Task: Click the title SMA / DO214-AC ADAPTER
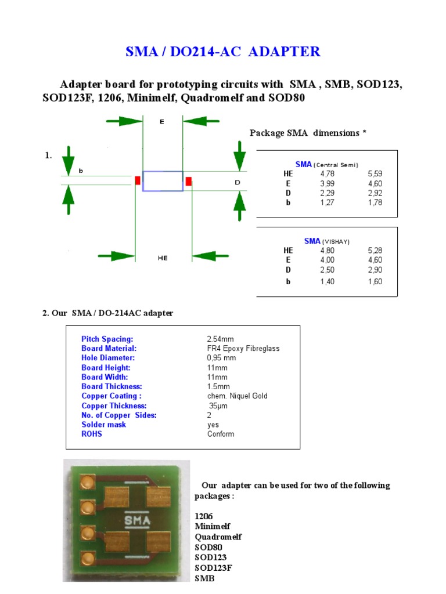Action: [223, 52]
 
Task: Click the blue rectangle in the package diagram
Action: [163, 181]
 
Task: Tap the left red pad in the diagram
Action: [138, 180]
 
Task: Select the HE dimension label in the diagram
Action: [163, 258]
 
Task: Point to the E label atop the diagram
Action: [162, 122]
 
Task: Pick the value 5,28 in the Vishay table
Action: [375, 250]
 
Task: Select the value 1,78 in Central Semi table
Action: [375, 203]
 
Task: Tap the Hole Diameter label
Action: [108, 358]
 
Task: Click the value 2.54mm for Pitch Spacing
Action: [220, 339]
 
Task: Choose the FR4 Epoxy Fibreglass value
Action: [243, 349]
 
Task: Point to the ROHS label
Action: [91, 434]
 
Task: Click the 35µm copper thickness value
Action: [218, 405]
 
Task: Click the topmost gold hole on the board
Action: [88, 481]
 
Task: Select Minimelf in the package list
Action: [213, 526]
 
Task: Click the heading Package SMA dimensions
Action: [308, 133]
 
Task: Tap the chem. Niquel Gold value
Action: [238, 396]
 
